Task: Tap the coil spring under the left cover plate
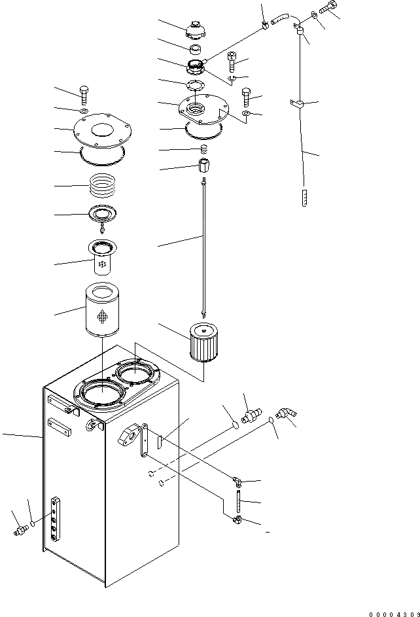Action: [x=105, y=185]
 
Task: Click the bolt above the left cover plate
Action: [x=84, y=94]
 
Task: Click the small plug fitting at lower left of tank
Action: [x=20, y=528]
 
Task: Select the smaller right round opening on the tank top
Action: [x=137, y=375]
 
